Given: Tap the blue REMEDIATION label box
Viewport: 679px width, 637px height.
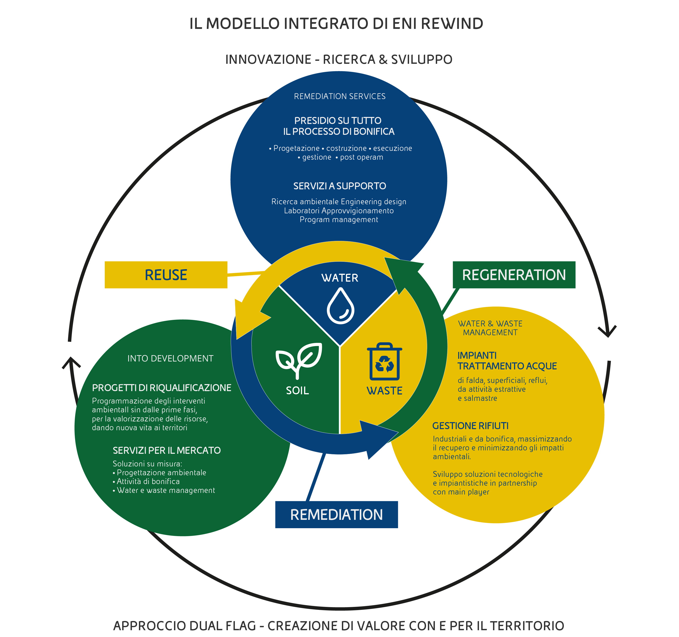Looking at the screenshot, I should pyautogui.click(x=336, y=514).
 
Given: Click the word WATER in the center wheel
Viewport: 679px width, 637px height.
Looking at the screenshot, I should pyautogui.click(x=340, y=278).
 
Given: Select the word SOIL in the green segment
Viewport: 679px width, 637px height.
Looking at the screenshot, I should pyautogui.click(x=297, y=390).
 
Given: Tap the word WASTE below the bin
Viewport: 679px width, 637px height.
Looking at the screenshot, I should pyautogui.click(x=385, y=391).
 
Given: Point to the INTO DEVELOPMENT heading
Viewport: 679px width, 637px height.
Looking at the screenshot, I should pyautogui.click(x=170, y=358).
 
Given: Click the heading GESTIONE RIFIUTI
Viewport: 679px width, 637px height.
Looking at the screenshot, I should pyautogui.click(x=470, y=426).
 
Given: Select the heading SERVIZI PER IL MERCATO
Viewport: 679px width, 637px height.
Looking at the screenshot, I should pyautogui.click(x=167, y=451).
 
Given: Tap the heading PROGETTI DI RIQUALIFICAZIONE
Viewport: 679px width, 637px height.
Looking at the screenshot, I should pyautogui.click(x=162, y=388).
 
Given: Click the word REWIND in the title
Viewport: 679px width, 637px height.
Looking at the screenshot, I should pyautogui.click(x=452, y=24).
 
